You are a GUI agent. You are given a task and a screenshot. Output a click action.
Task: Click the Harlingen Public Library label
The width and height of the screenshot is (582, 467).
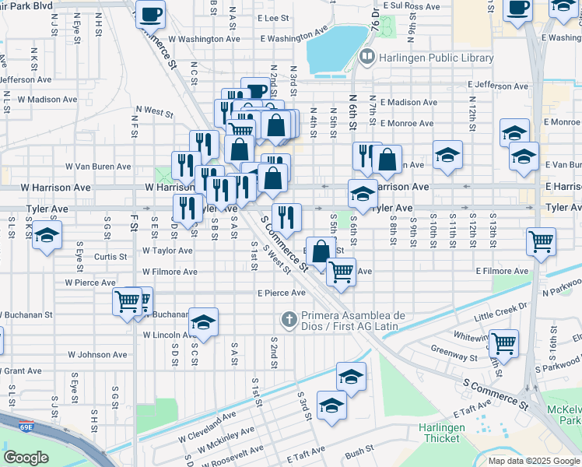[436, 58]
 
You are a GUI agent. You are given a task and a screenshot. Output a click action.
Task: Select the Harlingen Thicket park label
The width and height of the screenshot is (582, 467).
[442, 433]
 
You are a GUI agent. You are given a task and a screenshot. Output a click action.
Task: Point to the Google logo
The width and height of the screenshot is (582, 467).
[26, 458]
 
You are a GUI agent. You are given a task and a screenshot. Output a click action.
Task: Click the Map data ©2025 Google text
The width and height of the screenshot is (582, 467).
[534, 461]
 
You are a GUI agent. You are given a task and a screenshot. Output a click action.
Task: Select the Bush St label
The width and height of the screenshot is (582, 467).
[359, 451]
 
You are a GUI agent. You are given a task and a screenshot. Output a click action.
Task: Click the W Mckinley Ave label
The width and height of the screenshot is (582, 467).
[226, 441]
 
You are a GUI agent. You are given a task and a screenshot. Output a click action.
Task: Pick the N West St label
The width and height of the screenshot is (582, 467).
[154, 112]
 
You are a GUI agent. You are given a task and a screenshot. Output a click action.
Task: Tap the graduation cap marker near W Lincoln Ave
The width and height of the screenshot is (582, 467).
[203, 322]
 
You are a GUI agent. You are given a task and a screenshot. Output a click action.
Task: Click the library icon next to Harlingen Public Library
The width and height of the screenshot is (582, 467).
[366, 58]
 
